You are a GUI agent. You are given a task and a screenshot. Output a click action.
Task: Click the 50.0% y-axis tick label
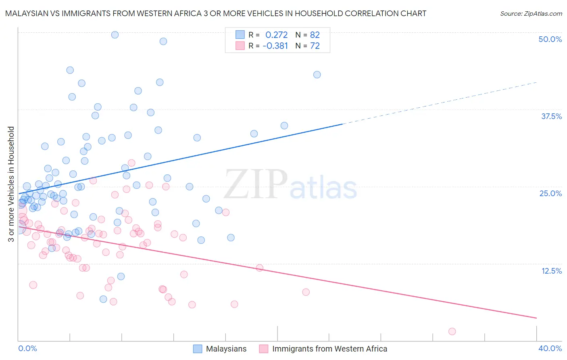(550, 39)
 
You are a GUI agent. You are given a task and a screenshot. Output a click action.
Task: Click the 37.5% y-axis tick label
(551, 116)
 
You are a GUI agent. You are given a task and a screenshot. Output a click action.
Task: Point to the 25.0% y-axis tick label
(550, 193)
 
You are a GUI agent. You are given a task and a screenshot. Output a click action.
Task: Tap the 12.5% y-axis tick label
(551, 271)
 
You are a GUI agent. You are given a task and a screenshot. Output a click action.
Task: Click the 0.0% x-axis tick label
(27, 348)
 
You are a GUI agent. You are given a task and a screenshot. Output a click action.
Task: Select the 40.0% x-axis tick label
(550, 348)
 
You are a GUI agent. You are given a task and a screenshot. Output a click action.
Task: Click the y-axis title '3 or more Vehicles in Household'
(11, 184)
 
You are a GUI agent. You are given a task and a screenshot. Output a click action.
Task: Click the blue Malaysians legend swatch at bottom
(198, 349)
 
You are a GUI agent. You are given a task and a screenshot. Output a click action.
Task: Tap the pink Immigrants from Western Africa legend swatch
(264, 349)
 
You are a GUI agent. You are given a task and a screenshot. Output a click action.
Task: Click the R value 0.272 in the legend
(276, 35)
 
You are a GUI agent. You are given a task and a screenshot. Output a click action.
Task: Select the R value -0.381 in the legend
(275, 46)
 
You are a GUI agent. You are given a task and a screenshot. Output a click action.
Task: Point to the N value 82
(315, 35)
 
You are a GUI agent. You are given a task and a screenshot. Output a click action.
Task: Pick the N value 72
(315, 46)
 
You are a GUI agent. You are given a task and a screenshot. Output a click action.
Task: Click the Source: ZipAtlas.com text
(531, 14)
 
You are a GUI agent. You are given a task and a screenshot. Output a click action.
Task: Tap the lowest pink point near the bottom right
(452, 331)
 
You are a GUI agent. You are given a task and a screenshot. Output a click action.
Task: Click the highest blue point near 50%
(115, 35)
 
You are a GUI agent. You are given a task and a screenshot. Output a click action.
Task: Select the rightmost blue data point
(317, 75)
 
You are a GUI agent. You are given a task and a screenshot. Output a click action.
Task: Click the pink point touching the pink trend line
(259, 268)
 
